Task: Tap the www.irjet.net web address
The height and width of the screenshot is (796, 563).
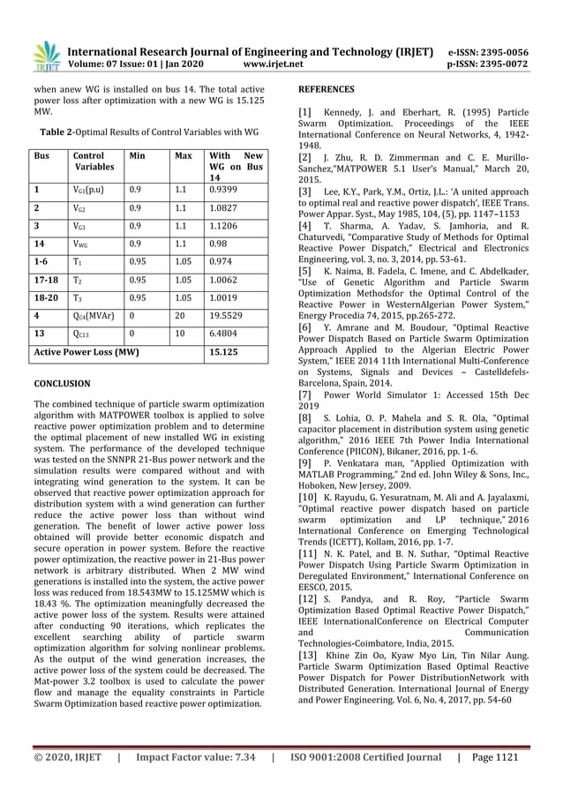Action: [x=278, y=64]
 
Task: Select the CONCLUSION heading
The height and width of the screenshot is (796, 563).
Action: [x=61, y=385]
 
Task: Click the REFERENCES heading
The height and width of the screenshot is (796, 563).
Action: [x=327, y=90]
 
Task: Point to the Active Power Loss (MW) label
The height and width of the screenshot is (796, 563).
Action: [x=86, y=354]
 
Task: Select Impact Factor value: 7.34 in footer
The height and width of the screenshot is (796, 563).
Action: [x=196, y=757]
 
